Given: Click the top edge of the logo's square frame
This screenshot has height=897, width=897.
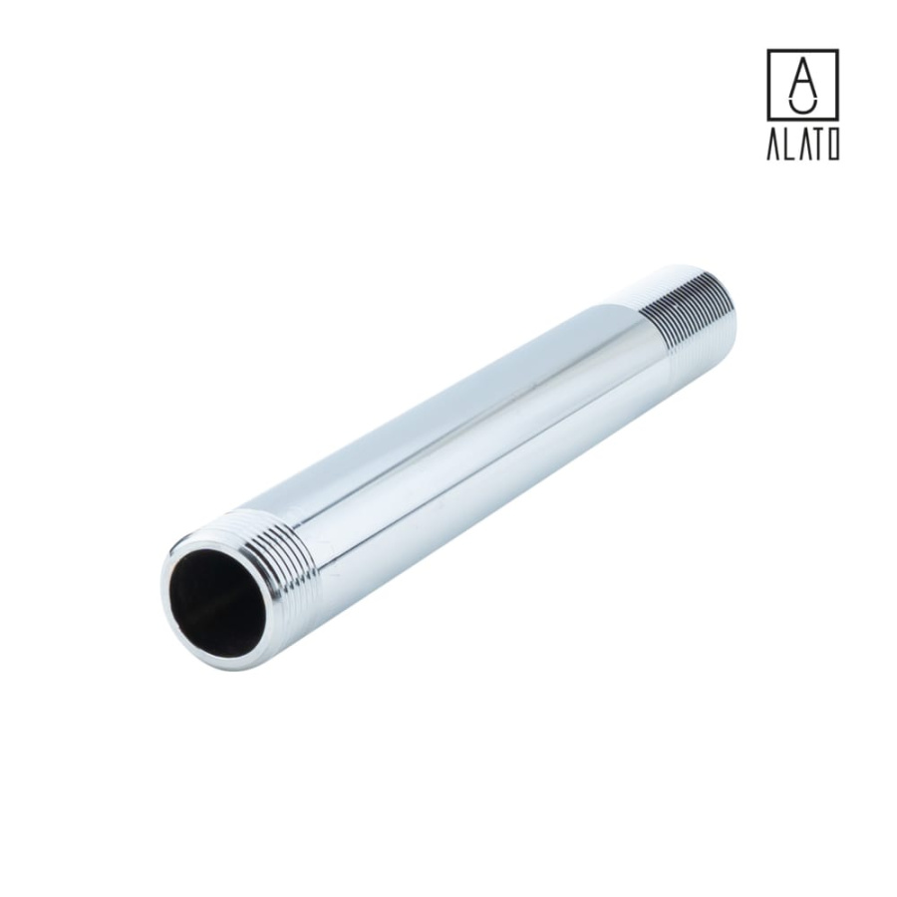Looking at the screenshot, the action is (802, 51).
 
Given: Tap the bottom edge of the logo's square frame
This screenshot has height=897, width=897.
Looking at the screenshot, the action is (802, 119).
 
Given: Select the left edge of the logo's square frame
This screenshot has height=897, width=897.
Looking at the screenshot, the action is (768, 85).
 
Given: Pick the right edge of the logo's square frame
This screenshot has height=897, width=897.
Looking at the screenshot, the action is (837, 85).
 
